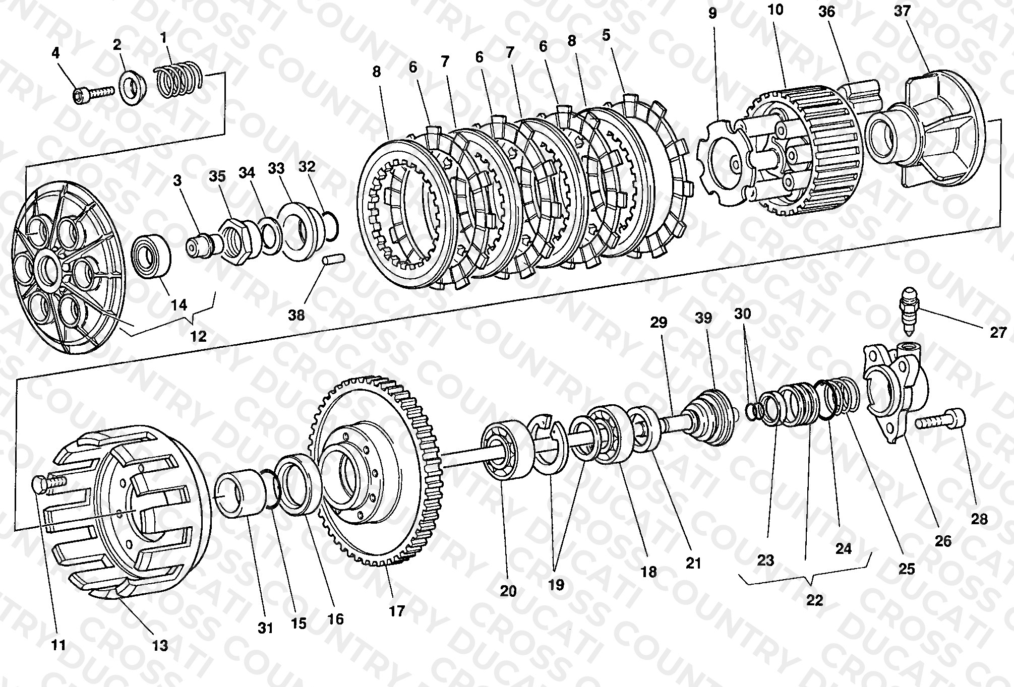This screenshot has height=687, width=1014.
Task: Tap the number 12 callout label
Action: coord(198,336)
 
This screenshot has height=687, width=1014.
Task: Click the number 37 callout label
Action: coord(902,11)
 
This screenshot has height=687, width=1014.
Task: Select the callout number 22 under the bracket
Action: coord(814,600)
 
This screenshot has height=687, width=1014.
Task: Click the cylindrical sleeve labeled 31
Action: coord(241,493)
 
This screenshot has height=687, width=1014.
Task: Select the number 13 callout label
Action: coord(160,645)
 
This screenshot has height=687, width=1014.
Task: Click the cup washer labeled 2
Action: coord(133,89)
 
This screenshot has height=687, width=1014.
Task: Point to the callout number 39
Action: coord(703,318)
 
